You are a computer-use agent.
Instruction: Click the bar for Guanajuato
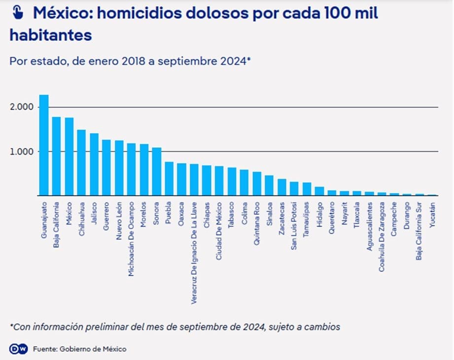click(x=44, y=145)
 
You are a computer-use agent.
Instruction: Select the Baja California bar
click(x=57, y=156)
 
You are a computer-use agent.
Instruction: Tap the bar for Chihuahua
click(x=81, y=163)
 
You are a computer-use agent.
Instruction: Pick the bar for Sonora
click(x=157, y=172)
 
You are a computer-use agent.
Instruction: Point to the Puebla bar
click(x=169, y=179)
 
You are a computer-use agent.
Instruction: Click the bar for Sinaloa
click(x=269, y=186)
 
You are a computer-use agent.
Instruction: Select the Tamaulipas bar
click(x=307, y=189)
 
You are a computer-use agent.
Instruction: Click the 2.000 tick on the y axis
click(x=22, y=107)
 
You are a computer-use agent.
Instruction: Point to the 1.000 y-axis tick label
click(x=22, y=152)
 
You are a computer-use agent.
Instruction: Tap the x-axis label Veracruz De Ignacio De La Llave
click(x=194, y=253)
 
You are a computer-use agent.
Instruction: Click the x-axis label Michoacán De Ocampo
click(x=131, y=239)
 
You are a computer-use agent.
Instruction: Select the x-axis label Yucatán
click(x=432, y=215)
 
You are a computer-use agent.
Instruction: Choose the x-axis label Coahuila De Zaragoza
click(x=382, y=237)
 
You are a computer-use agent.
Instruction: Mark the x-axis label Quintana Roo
click(x=257, y=224)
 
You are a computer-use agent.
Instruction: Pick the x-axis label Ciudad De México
click(x=219, y=231)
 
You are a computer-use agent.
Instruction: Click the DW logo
click(x=19, y=349)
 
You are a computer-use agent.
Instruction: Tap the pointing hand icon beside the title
click(x=18, y=12)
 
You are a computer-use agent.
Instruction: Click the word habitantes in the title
click(x=51, y=35)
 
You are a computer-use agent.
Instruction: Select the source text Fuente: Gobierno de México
click(x=80, y=349)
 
